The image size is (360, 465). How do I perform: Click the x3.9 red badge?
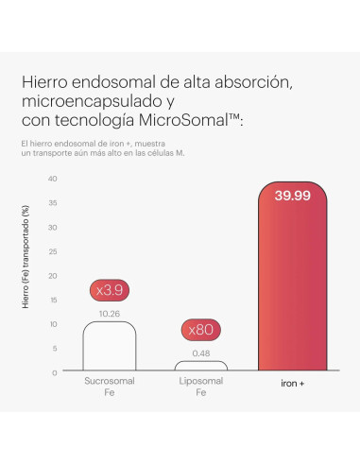coord(110,290)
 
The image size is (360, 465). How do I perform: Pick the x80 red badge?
coord(201,330)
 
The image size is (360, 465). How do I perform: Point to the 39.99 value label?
coord(293,196)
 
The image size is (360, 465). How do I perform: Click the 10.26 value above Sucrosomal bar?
coord(110,314)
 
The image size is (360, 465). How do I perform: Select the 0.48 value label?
coord(201,353)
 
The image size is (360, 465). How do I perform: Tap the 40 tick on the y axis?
coord(53,179)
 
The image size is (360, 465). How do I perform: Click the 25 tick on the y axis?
coord(53,251)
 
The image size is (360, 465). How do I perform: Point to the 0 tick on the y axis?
coord(55,373)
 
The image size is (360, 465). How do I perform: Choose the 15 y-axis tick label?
coord(53,300)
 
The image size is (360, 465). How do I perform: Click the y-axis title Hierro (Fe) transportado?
coord(26,257)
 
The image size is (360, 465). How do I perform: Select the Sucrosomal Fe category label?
coord(110,387)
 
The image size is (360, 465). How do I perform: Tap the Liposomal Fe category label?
coord(201,387)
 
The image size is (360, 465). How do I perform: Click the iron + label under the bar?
coord(293,384)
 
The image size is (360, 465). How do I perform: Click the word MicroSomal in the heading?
coord(183,120)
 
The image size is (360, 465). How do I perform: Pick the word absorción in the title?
coord(253,83)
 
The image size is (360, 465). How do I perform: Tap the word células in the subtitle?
coord(155,153)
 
